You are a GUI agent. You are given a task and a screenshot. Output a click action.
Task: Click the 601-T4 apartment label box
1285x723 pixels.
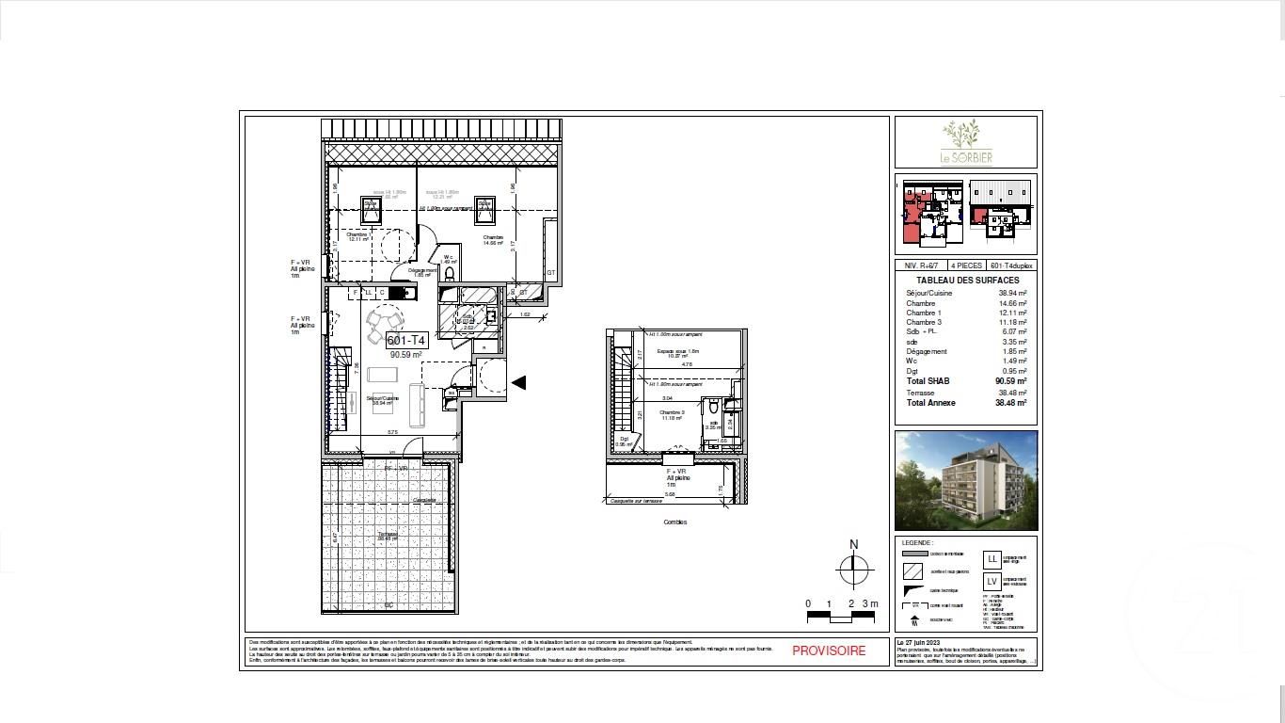[x=406, y=341]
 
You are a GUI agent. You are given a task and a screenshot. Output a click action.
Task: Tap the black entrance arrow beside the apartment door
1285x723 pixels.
[x=517, y=382]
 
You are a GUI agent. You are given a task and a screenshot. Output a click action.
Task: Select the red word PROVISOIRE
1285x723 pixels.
[x=828, y=651]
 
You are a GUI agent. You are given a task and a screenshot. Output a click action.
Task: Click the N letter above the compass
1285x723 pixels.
[x=853, y=544]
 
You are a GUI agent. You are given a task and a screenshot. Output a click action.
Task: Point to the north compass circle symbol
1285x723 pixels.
[x=853, y=568]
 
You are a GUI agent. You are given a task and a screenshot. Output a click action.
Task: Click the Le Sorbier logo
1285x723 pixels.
[x=965, y=142]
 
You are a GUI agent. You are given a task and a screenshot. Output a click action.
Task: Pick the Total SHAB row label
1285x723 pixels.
[x=928, y=381]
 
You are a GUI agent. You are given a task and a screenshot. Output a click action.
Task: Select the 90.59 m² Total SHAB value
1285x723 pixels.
[x=1010, y=381]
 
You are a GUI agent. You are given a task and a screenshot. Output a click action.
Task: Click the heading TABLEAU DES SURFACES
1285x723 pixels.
[x=967, y=281]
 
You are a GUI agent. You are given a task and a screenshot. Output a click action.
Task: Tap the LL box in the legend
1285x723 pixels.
[x=992, y=559]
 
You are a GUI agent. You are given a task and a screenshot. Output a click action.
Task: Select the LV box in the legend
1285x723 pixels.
[x=992, y=582]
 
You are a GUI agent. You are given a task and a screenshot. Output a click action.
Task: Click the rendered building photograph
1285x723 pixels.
[x=965, y=480]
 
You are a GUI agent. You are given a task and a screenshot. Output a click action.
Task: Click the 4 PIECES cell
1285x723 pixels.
[x=966, y=266]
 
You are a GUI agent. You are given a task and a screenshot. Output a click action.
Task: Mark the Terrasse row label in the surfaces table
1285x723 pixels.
[x=920, y=393]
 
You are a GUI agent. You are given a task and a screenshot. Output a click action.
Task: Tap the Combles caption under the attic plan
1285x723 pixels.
[x=674, y=522]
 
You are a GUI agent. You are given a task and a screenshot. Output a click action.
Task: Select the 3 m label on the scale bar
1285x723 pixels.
[x=872, y=603]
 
